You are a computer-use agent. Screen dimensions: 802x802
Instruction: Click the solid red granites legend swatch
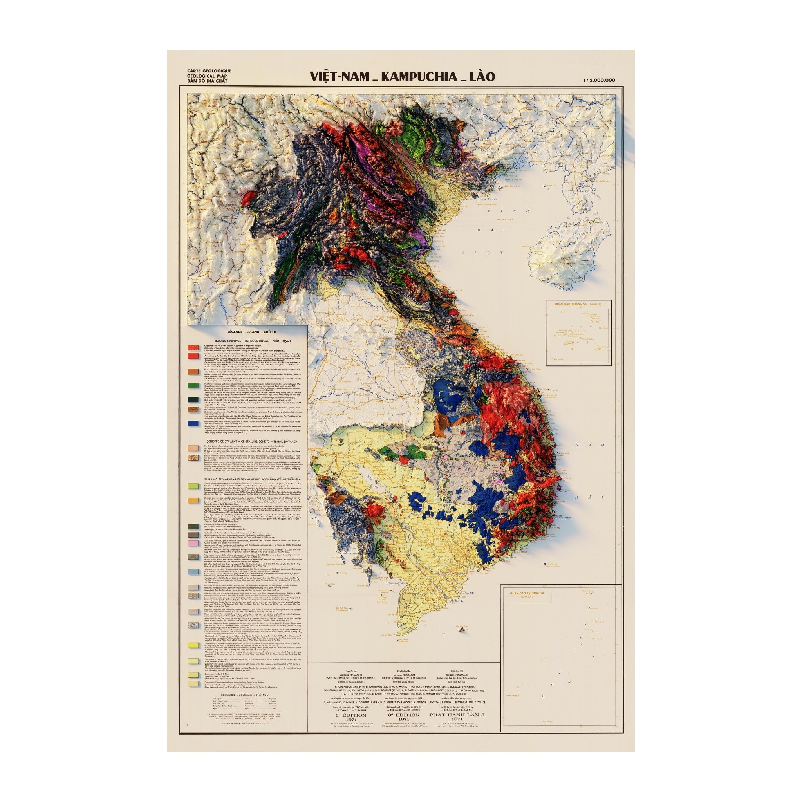[192, 356]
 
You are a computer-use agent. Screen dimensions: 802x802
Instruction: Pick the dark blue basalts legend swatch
[192, 424]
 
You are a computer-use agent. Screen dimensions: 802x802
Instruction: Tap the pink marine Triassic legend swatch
[192, 543]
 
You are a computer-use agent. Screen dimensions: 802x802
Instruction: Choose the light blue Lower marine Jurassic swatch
[192, 572]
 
